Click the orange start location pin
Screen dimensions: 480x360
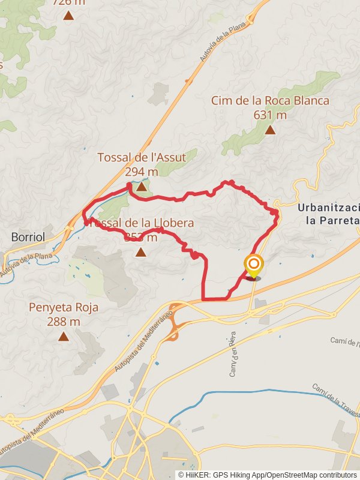click(x=254, y=265)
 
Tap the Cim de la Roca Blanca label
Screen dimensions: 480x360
click(x=270, y=101)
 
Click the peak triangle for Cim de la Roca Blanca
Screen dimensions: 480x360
click(x=270, y=130)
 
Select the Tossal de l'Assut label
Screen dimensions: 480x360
click(x=142, y=158)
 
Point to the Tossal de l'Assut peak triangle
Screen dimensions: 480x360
click(x=141, y=187)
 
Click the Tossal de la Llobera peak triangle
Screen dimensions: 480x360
click(x=140, y=252)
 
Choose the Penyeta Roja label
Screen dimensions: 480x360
click(x=63, y=308)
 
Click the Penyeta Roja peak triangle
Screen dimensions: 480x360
click(x=63, y=336)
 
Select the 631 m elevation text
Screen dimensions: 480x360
click(x=270, y=115)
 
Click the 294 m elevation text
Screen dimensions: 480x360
click(x=142, y=172)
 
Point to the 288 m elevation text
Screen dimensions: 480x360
click(x=63, y=322)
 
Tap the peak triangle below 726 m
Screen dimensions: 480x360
click(x=68, y=16)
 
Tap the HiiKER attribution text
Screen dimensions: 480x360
click(x=267, y=475)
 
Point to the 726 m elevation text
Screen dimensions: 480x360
click(x=68, y=2)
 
